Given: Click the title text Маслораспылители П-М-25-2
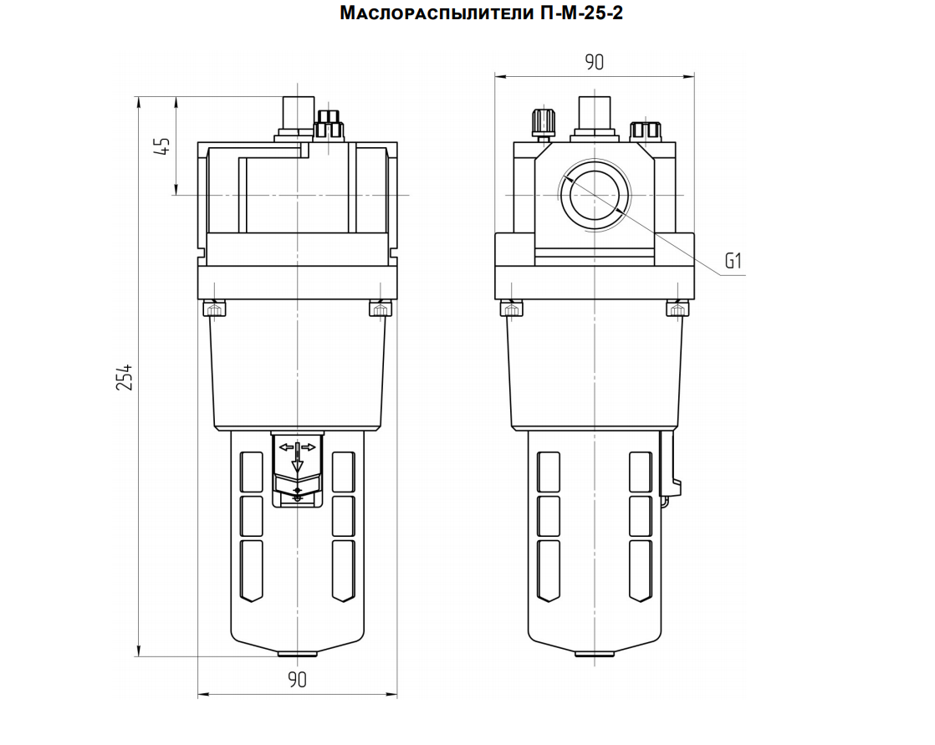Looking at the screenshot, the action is click(481, 13).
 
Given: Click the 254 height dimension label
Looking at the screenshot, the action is click(124, 376).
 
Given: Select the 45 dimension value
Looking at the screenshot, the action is click(162, 145).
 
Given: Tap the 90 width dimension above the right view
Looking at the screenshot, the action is click(594, 62).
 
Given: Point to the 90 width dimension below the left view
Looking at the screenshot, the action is click(297, 680).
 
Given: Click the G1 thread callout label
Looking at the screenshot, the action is click(733, 260).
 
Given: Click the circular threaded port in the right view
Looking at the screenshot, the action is click(595, 194).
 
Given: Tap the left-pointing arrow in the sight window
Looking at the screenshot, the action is click(286, 446).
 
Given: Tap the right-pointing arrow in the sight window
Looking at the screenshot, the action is click(309, 446).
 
